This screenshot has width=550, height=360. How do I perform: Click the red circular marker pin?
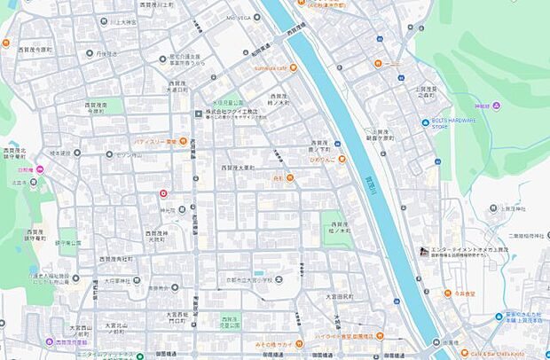coord(163,193)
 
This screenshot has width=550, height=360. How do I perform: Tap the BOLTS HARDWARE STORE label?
coord(452,122)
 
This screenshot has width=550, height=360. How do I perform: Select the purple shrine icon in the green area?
coord(497,106)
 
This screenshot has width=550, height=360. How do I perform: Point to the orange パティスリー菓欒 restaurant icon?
coord(182,141)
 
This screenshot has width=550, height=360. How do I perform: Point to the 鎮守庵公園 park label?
coord(69,242)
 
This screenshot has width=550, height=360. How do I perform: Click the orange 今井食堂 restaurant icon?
coord(448,293)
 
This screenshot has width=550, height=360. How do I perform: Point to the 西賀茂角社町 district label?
coord(115,259)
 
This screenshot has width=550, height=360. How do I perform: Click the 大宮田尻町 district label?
coord(338,296)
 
